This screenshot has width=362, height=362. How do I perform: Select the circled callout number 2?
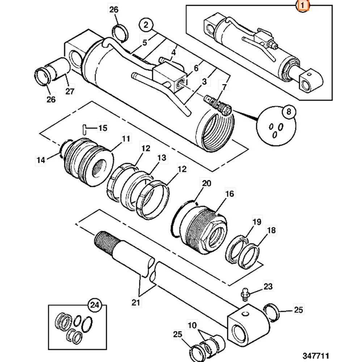point(146,25)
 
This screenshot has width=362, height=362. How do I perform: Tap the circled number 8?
point(289,112)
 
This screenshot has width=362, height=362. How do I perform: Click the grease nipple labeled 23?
point(245,292)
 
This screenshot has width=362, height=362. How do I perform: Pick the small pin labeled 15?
point(84,128)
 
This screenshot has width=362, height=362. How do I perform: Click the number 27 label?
point(70,91)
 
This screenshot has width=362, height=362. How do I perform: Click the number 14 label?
point(41,159)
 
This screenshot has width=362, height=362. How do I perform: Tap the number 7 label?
point(224,87)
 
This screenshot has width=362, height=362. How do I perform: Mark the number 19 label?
point(256,222)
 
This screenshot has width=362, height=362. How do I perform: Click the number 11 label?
point(126,138)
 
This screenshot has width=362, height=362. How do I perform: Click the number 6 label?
point(196,68)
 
